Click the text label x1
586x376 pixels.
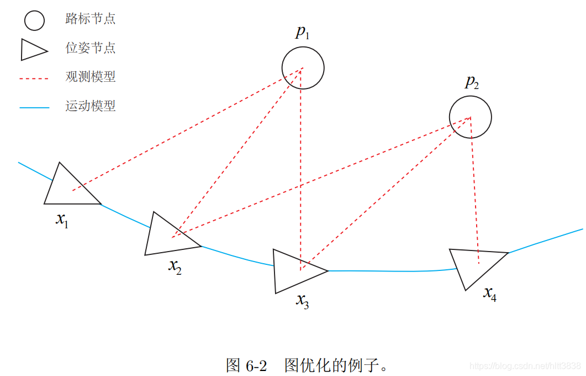coord(62,219)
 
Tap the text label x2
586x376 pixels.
coord(175,266)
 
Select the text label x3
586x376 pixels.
coord(302,300)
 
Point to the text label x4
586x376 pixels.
coord(490,293)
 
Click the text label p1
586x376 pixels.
coord(302,32)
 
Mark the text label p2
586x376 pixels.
coord(471,83)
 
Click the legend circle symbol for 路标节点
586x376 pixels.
coord(34,20)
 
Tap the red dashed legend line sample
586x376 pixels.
coord(34,79)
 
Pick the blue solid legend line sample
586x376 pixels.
coord(34,107)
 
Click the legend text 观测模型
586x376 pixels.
coord(91,77)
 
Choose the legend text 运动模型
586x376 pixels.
coord(91,106)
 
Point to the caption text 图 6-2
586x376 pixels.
coord(246,365)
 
